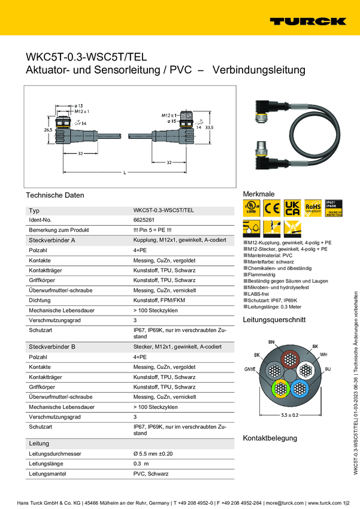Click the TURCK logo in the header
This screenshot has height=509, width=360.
(x=307, y=21)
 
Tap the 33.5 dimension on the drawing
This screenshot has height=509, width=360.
(x=210, y=127)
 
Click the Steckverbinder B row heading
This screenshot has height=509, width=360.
(x=52, y=347)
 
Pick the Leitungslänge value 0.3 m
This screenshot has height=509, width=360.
(x=141, y=463)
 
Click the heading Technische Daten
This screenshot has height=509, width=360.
(x=55, y=195)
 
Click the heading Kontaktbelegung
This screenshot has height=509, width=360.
(x=270, y=438)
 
